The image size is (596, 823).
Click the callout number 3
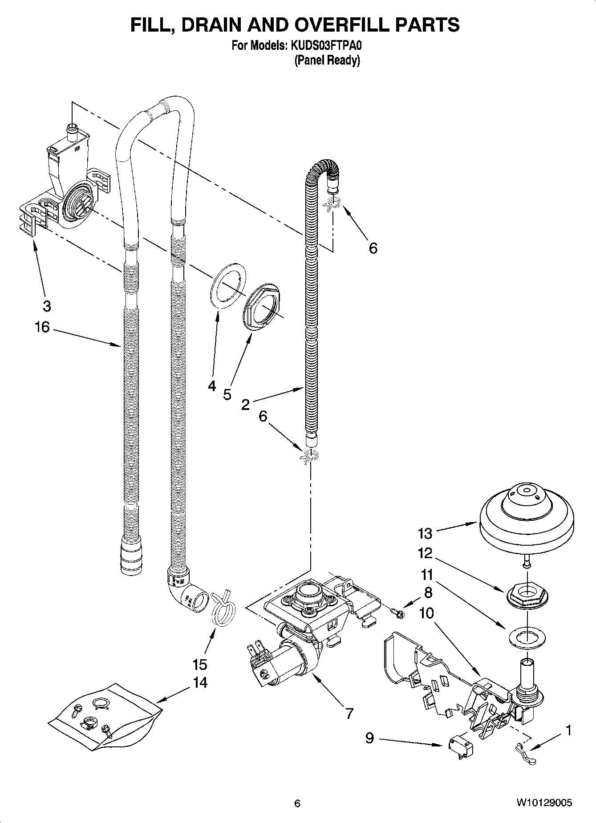47,306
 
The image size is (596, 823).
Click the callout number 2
245,405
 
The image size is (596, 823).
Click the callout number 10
426,613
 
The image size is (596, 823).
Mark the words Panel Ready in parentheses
327,60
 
